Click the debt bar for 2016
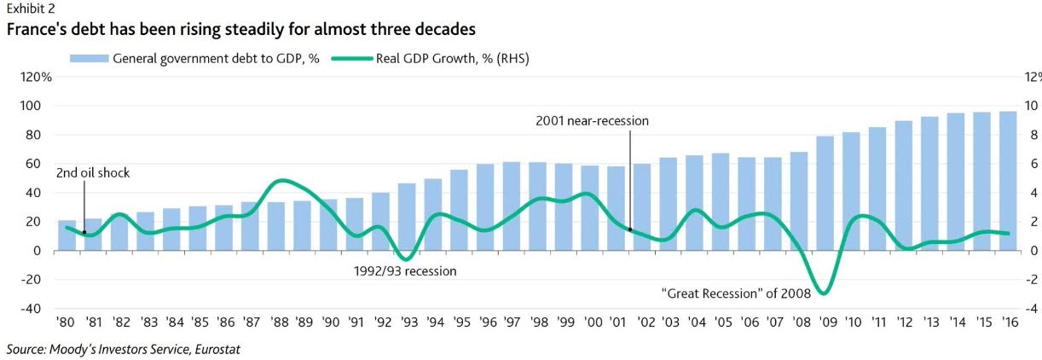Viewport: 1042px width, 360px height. pyautogui.click(x=1008, y=181)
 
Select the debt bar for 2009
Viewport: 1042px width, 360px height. pyautogui.click(x=825, y=194)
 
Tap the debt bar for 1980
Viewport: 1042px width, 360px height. pyautogui.click(x=67, y=235)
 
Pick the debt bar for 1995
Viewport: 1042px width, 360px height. pyautogui.click(x=459, y=210)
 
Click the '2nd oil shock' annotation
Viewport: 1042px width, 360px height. pyautogui.click(x=93, y=173)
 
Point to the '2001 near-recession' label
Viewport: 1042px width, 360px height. pyautogui.click(x=592, y=121)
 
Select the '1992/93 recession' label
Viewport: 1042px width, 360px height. pyautogui.click(x=405, y=271)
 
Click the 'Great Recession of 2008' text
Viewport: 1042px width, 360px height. pyautogui.click(x=737, y=293)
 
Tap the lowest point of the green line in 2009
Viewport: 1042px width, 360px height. pyautogui.click(x=824, y=293)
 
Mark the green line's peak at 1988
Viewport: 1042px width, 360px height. pyautogui.click(x=280, y=181)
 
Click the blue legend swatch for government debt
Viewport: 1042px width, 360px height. pyautogui.click(x=89, y=59)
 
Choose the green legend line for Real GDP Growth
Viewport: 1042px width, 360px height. pyautogui.click(x=352, y=59)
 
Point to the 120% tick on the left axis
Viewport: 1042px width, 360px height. pyautogui.click(x=36, y=77)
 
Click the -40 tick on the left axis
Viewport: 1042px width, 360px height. pyautogui.click(x=30, y=308)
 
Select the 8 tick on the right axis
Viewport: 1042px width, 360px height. pyautogui.click(x=1030, y=135)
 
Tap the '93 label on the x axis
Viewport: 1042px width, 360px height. pyautogui.click(x=409, y=322)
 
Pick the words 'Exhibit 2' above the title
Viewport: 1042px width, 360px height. pyautogui.click(x=31, y=9)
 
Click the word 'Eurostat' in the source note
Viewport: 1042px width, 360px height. pyautogui.click(x=217, y=349)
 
